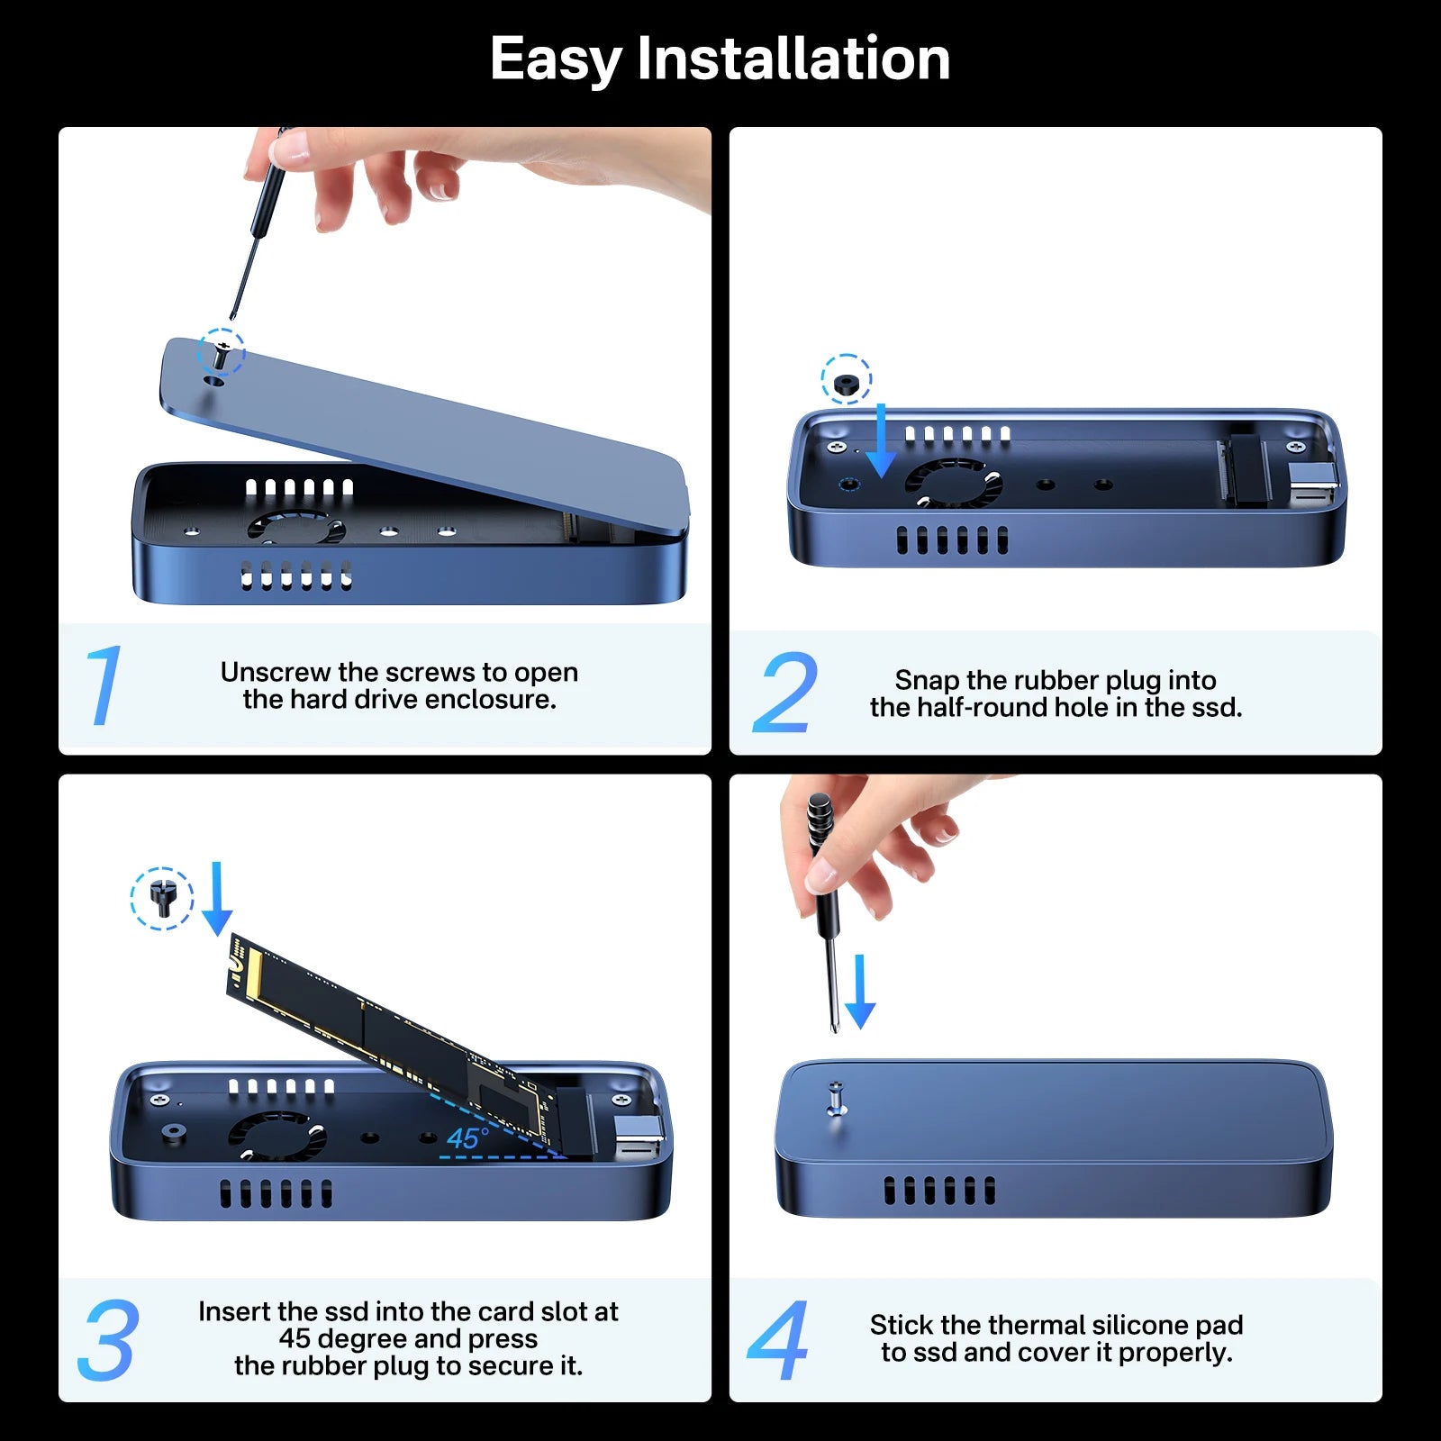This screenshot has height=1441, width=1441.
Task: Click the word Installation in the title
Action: tap(793, 59)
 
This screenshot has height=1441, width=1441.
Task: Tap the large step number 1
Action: tap(103, 686)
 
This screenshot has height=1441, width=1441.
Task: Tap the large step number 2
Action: tap(785, 693)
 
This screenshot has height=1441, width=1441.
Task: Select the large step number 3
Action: tap(108, 1340)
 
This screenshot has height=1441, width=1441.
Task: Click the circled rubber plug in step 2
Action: tap(846, 383)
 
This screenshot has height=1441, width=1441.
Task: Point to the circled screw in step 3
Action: tap(162, 899)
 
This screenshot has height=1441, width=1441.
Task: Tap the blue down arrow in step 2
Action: tap(880, 441)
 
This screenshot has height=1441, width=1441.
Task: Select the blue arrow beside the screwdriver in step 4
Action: tap(860, 992)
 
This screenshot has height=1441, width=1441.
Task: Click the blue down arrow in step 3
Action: tap(216, 900)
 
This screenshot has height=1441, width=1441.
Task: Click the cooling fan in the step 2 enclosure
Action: tap(954, 483)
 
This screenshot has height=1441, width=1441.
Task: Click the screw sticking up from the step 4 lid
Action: tap(836, 1098)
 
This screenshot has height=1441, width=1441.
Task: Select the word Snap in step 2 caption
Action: tap(926, 680)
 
